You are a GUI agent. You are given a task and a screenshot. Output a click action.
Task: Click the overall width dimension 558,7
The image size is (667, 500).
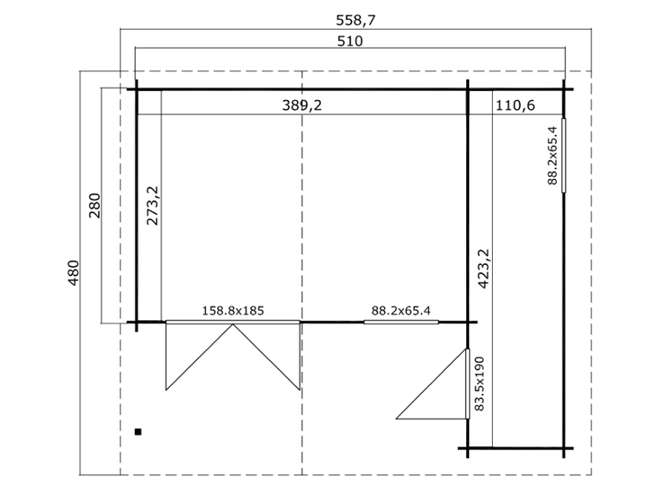click(356, 20)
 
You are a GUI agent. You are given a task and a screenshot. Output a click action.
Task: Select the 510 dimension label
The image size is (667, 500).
click(350, 41)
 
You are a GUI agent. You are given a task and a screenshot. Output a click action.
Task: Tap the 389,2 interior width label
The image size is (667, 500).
click(302, 105)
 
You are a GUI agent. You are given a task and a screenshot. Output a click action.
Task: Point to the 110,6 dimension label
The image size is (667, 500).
click(515, 105)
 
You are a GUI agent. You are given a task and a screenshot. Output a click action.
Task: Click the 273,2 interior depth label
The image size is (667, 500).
click(152, 205)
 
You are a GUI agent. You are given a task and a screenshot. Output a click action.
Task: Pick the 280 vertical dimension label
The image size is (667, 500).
click(94, 206)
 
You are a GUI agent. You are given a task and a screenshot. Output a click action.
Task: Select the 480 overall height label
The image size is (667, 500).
click(73, 273)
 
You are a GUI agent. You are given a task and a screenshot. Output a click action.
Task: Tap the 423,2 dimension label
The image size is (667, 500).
click(484, 269)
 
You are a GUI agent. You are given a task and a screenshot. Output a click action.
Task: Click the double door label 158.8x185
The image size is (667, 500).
click(233, 311)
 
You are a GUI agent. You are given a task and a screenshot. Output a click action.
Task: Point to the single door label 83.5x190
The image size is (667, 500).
click(479, 384)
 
